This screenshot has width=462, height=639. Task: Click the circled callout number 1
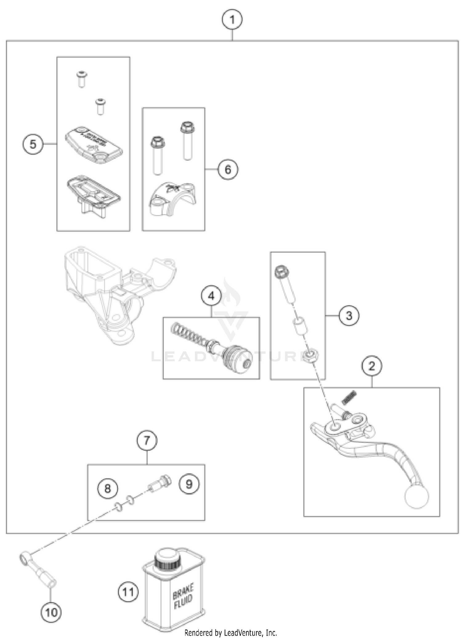[232, 20]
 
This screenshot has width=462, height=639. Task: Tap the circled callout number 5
[33, 144]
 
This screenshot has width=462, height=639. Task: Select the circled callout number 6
[228, 169]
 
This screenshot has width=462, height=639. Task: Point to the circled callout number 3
[349, 315]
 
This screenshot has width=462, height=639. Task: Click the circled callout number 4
[211, 296]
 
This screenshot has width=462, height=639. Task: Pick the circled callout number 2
[372, 366]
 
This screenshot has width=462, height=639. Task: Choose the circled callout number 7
[147, 441]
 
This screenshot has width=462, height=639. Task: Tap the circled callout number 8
[107, 488]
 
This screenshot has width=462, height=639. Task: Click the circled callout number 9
[189, 484]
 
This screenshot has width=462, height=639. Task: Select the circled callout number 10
[51, 612]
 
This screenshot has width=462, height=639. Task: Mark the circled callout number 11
[128, 592]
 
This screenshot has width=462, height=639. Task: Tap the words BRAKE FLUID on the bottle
[183, 596]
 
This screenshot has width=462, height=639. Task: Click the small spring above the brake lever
[349, 397]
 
